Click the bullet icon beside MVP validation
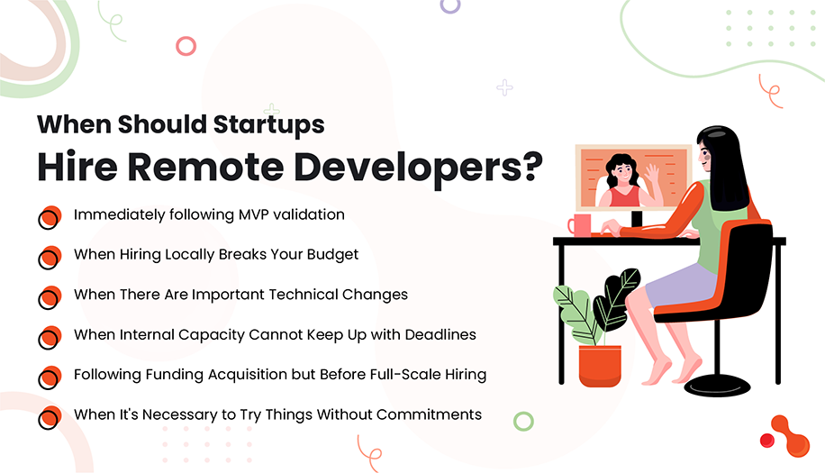[49, 218]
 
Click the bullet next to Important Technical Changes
[49, 297]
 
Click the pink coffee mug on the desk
[578, 224]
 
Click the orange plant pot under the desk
[599, 366]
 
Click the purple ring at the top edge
[449, 5]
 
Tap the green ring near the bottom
[523, 421]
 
